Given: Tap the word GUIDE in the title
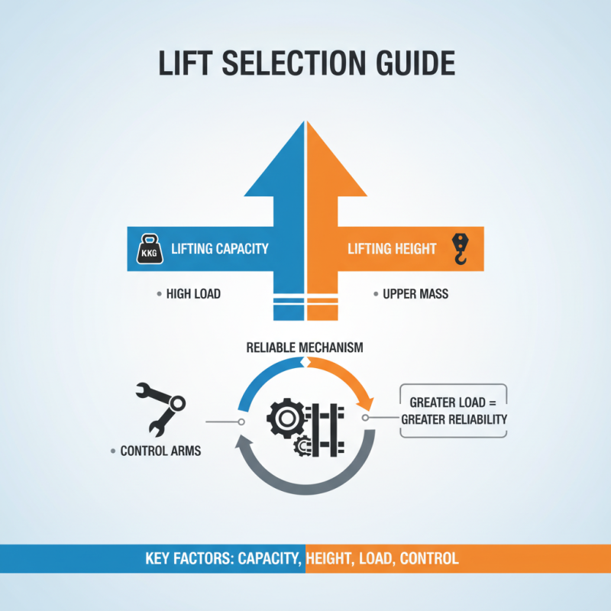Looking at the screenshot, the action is pos(415,63).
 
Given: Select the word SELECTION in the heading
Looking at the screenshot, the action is pos(294,63).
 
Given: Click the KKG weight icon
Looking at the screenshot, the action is pos(150,249).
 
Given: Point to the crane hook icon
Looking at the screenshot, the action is pos(461,249).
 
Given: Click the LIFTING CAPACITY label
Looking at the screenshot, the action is pos(220,249).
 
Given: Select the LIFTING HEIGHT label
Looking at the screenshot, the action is pos(392,249).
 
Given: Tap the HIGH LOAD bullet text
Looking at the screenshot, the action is pos(193,294).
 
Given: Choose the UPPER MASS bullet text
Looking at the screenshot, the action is pos(415,294).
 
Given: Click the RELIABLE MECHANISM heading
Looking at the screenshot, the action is pos(304,348).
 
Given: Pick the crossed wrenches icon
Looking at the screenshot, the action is pos(160,409).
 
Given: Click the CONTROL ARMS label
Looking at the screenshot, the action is pos(160,451).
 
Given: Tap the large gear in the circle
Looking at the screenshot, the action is pos(286,419).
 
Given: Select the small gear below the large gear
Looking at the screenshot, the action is pos(302,446).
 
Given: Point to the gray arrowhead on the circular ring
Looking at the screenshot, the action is pos(241,443).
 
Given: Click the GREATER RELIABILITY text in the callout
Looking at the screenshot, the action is pos(454,419).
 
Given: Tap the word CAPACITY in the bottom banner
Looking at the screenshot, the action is pos(270,558).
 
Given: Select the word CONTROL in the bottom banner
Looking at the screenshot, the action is pos(429,558).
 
